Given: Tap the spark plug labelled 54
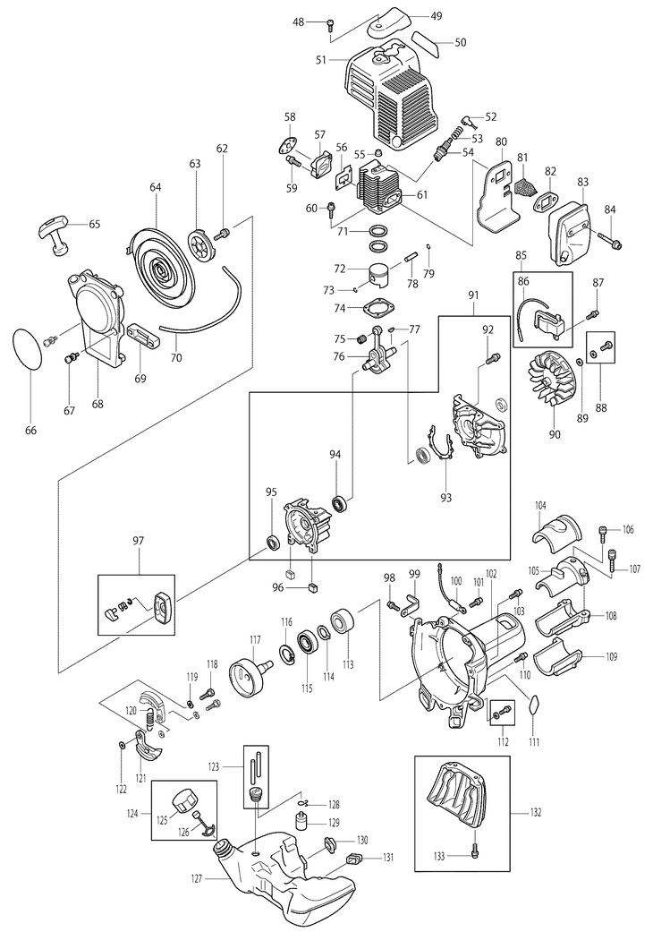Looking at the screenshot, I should [441, 151].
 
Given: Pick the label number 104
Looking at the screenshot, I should [541, 505].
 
